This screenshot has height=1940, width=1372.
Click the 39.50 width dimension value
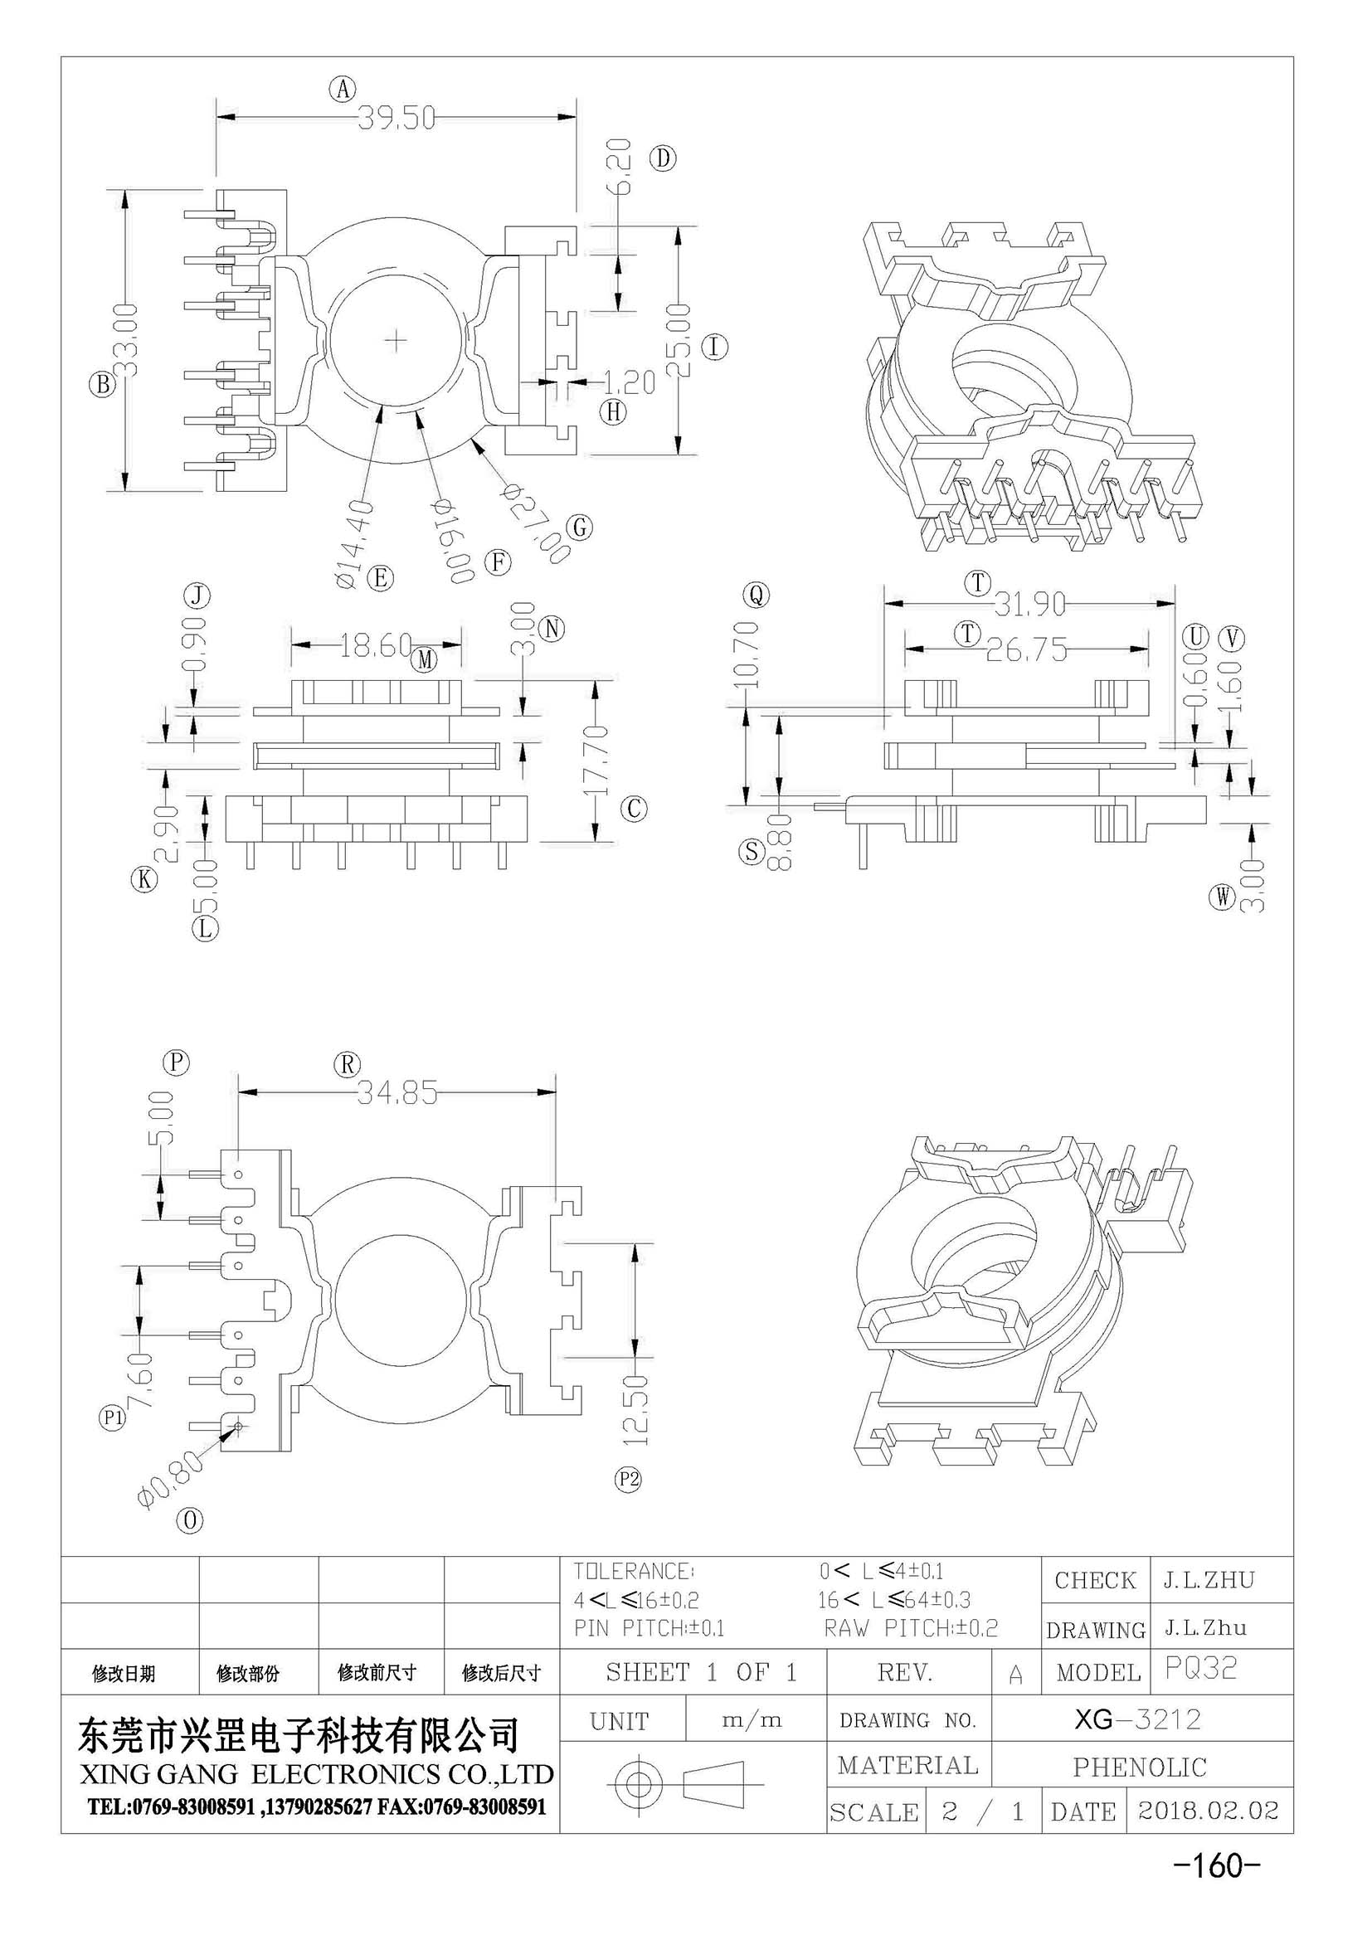click(x=397, y=118)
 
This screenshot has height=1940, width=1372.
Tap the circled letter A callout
click(x=342, y=89)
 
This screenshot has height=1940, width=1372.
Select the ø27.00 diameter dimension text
click(x=536, y=523)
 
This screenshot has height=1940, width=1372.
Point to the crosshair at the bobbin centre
click(x=397, y=341)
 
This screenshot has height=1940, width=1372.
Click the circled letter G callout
click(x=580, y=528)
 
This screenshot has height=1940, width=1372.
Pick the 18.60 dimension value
click(x=376, y=645)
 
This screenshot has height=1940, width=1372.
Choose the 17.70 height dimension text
click(x=596, y=760)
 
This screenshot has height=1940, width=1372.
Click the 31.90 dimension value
click(x=1029, y=604)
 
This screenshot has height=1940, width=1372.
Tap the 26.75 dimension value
click(x=1026, y=649)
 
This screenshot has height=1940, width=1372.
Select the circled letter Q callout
click(x=757, y=596)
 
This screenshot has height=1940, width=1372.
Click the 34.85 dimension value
click(x=397, y=1093)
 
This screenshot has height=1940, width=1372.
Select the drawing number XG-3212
click(x=1137, y=1719)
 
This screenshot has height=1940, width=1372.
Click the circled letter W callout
click(x=1222, y=897)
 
